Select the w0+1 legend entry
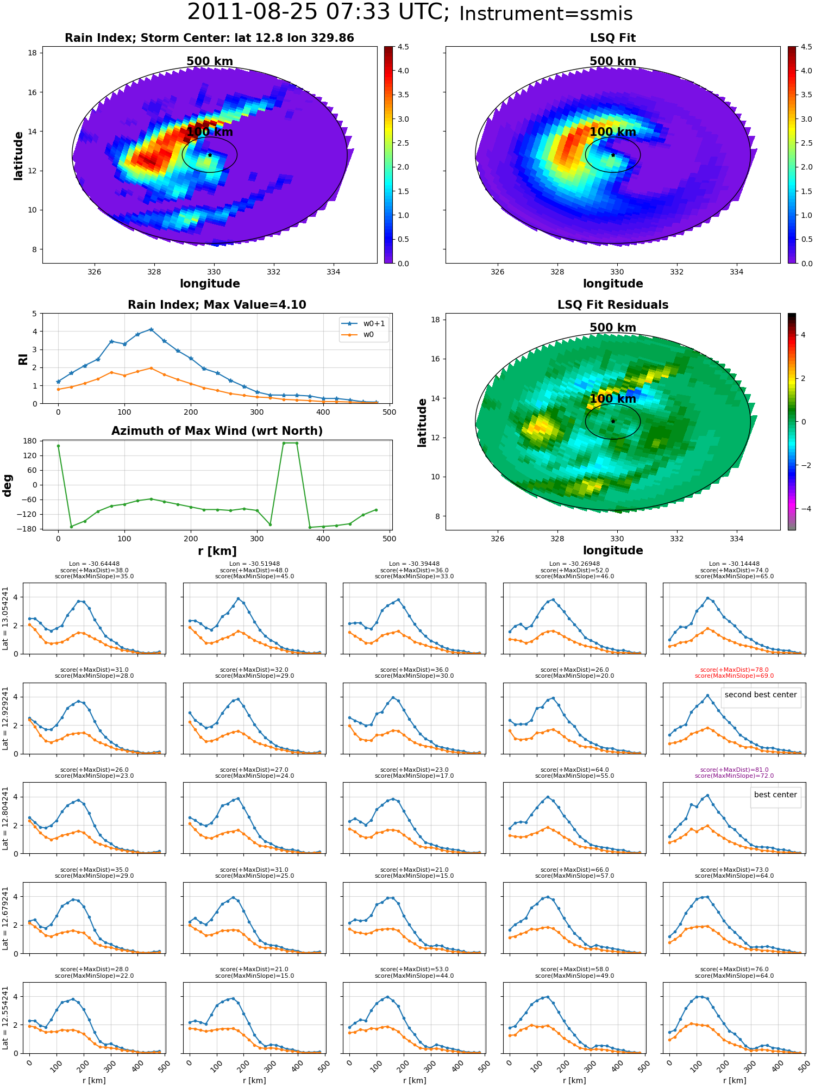(364, 323)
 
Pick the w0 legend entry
(358, 335)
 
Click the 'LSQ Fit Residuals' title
(613, 305)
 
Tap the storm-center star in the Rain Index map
(210, 155)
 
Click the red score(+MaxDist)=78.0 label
(734, 670)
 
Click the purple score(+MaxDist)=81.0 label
(734, 770)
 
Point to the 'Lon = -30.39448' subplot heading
(414, 564)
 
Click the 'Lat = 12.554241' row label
(5, 1018)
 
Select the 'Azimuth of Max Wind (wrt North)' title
(217, 431)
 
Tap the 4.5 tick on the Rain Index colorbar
(403, 47)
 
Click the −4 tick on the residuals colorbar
(803, 509)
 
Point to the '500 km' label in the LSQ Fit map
(613, 61)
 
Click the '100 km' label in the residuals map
(613, 399)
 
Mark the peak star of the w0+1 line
(151, 329)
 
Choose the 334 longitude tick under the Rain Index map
(333, 272)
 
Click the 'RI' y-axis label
(23, 359)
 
